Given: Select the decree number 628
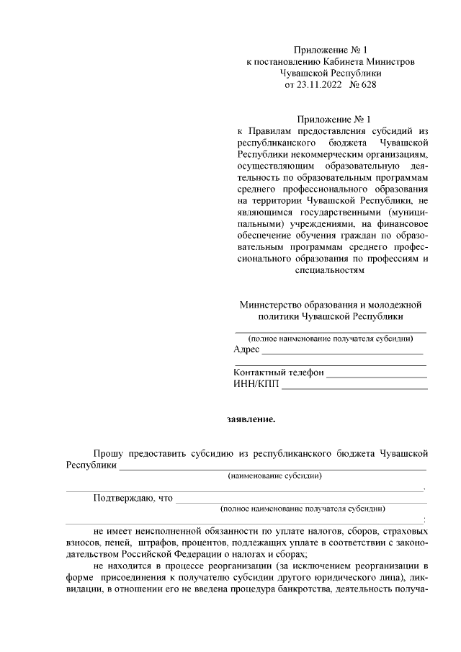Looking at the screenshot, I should click(x=366, y=84).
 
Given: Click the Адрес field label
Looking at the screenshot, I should click(x=246, y=349).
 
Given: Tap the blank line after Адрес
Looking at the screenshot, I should click(x=342, y=352).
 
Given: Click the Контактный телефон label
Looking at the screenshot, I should click(x=279, y=373).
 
